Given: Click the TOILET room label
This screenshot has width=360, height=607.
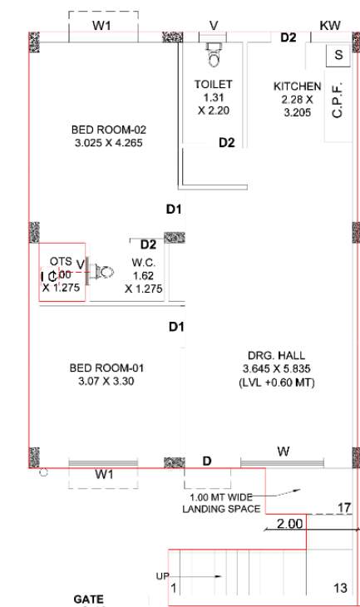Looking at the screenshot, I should [x=214, y=84].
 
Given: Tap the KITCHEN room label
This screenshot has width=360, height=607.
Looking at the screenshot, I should [x=297, y=86].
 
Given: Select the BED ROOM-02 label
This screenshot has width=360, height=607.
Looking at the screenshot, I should [x=108, y=130].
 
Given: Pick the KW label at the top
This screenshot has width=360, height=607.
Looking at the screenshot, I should [x=330, y=26].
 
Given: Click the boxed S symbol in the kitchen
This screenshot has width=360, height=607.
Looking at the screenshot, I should [x=338, y=55].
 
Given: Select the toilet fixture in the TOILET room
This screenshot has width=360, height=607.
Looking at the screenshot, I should [x=213, y=54].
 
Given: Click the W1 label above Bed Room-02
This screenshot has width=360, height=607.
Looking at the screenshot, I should [x=101, y=26].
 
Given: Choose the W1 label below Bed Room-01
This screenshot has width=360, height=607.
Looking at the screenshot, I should [x=104, y=474].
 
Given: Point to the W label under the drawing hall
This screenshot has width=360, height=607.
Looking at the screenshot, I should [x=284, y=452].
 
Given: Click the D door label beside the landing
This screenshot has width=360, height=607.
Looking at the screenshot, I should [x=207, y=461].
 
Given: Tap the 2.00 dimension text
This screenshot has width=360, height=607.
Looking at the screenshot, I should [x=290, y=524].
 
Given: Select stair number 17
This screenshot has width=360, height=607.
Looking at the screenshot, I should [x=344, y=507].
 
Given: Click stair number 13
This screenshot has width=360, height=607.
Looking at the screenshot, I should [x=340, y=588].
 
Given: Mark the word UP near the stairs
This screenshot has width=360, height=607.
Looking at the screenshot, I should [x=162, y=575].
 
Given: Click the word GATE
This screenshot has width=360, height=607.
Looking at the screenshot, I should [x=88, y=599].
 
